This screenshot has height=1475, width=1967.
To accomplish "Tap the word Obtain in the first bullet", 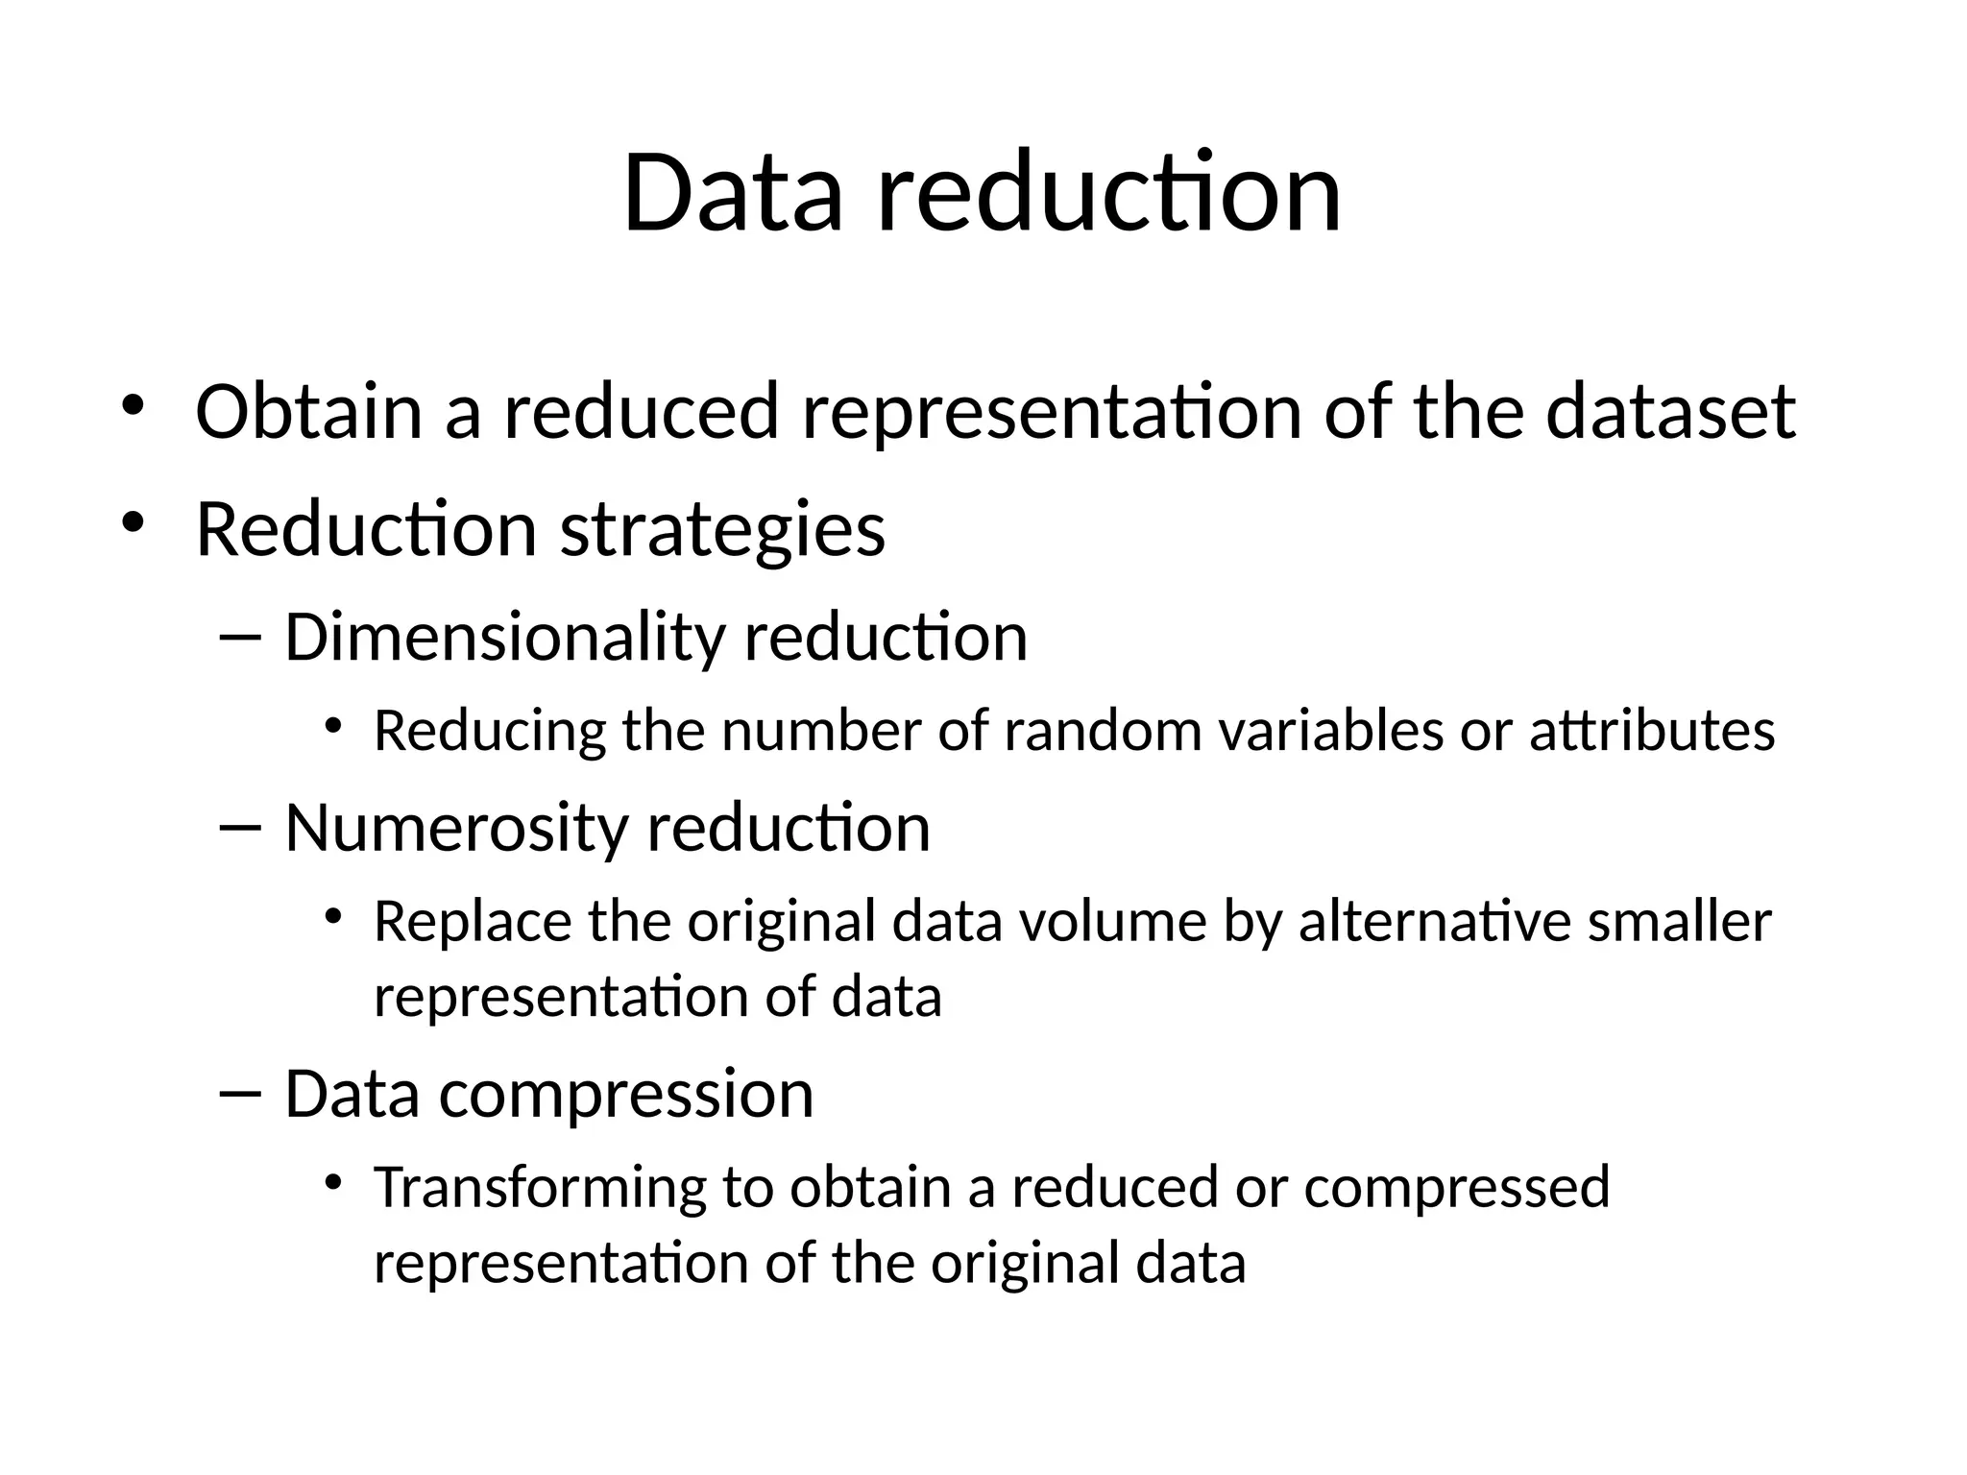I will point(308,412).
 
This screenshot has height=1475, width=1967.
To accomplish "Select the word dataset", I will point(1670,412).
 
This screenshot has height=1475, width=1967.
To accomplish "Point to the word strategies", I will point(722,531).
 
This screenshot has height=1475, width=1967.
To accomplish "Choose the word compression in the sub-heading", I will point(626,1094).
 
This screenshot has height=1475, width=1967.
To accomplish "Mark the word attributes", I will point(1652,730).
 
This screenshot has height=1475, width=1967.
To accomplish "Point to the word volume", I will point(1112,922).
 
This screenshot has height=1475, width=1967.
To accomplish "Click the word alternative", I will point(1434,922).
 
